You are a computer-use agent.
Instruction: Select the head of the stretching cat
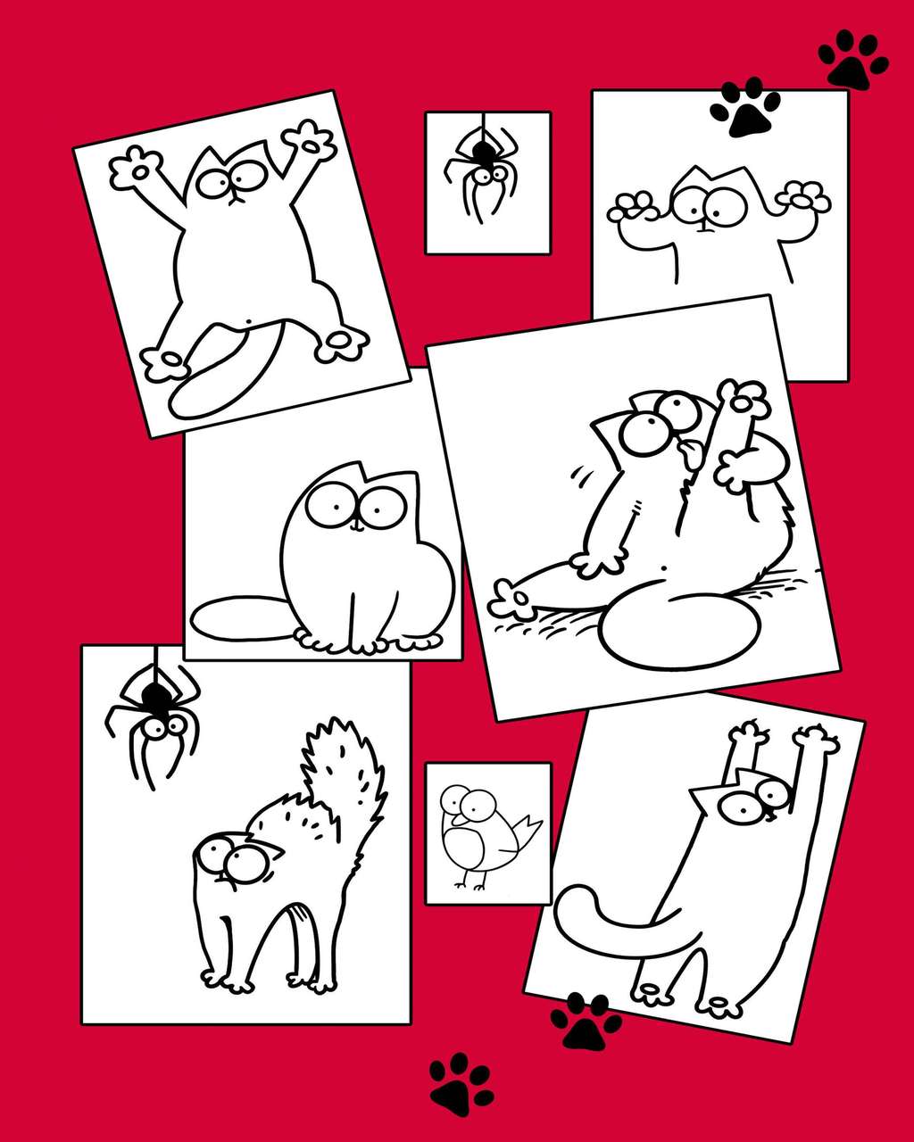[x=745, y=803]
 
